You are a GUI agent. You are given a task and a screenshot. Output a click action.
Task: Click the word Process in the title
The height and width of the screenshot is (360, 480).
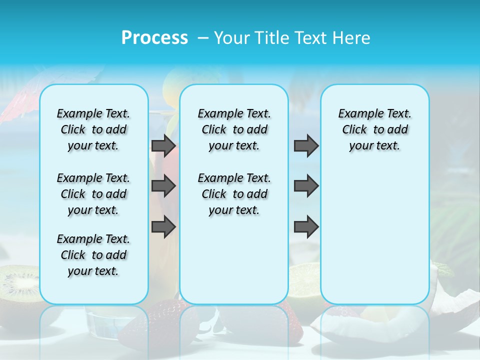point(154,37)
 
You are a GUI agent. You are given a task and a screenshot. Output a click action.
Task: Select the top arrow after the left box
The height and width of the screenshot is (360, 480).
point(163,145)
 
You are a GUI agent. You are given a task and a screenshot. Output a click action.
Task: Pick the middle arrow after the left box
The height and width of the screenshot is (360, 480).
point(163,186)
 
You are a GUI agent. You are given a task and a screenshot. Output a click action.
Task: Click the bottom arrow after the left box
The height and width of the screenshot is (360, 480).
point(163,227)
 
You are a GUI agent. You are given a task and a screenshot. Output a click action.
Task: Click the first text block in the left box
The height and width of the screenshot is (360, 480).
point(93,129)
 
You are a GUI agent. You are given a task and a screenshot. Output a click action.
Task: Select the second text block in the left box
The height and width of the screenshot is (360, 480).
point(93,194)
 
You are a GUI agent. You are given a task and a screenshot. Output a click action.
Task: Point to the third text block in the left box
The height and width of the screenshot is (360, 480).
point(93,255)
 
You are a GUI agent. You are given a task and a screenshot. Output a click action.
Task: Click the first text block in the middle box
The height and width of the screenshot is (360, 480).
point(234,129)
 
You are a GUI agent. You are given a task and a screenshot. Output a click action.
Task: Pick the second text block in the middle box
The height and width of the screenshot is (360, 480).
point(234,194)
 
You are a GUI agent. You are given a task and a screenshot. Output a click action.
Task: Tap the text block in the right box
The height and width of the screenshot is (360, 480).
point(375,129)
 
